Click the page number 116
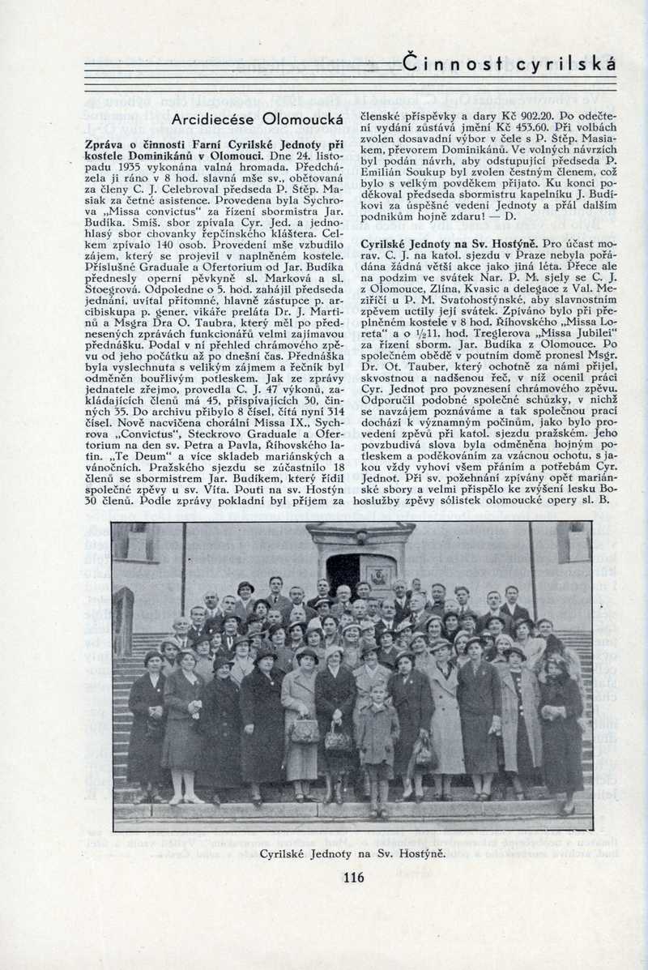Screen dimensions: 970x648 click(x=353, y=877)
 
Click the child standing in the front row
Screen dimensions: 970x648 click(x=377, y=741)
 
